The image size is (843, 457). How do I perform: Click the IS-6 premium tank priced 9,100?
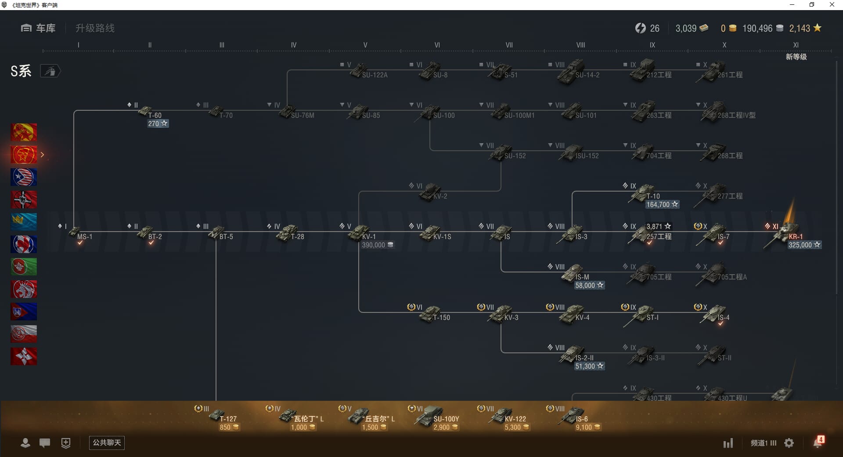(x=573, y=416)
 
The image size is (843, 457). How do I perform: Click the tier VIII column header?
(x=580, y=45)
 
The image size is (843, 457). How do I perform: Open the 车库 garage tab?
(x=39, y=28)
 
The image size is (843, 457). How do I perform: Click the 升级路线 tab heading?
(x=95, y=28)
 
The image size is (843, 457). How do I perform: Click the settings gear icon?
(x=789, y=443)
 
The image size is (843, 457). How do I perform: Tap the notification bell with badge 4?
(x=818, y=442)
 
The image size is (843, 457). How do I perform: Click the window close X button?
(x=832, y=5)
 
